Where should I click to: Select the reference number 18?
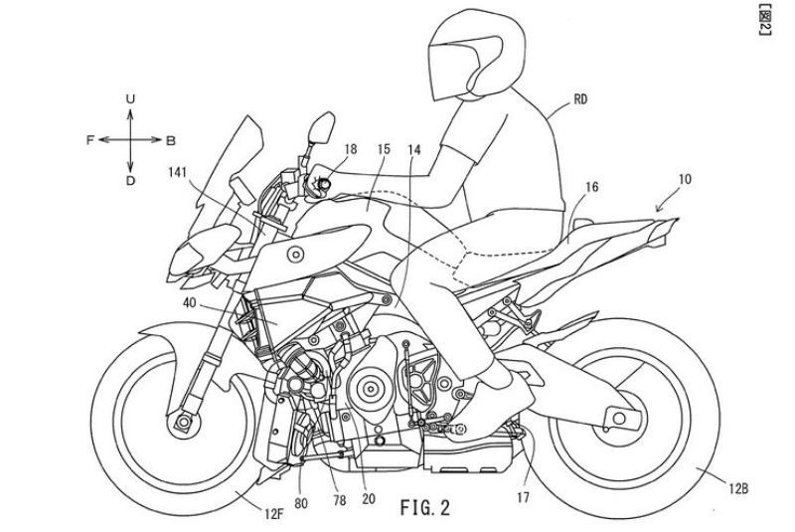click(x=350, y=149)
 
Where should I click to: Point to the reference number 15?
click(x=384, y=149)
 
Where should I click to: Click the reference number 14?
click(x=414, y=149)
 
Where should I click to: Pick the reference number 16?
click(x=592, y=186)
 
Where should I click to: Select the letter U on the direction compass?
click(x=130, y=98)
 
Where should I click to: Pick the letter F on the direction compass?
click(x=88, y=140)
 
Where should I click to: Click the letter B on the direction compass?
click(x=171, y=140)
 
